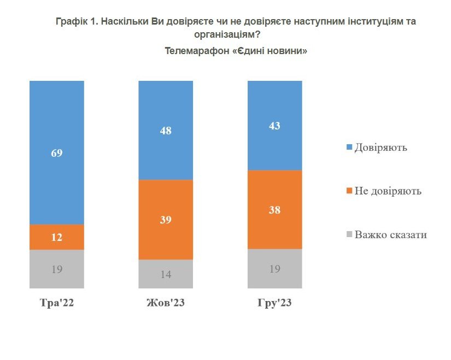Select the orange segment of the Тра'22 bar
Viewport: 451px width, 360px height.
(x=57, y=237)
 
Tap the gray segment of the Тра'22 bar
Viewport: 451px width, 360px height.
(x=57, y=269)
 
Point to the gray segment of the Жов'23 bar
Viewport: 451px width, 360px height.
(x=166, y=274)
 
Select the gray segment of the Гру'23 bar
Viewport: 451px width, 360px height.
(x=274, y=268)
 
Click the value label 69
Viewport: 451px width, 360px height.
(x=57, y=153)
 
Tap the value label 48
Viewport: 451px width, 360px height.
(x=166, y=131)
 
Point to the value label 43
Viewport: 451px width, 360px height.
(x=274, y=126)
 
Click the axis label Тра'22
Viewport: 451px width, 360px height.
(x=57, y=304)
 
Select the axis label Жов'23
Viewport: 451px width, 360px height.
(x=166, y=304)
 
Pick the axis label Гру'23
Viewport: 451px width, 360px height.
(x=274, y=304)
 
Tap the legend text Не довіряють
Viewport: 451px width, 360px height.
(x=388, y=191)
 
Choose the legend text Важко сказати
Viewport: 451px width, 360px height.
(x=390, y=235)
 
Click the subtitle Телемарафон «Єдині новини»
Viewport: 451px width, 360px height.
(x=236, y=51)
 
